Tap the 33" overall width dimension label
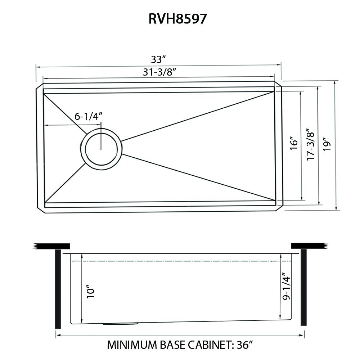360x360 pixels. click(158, 59)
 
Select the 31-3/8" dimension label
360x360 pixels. click(159, 72)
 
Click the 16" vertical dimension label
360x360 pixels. click(294, 143)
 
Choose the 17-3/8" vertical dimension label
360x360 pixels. click(311, 144)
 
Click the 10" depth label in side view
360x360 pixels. click(90, 292)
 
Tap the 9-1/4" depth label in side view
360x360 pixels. click(287, 288)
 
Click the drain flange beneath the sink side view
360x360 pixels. click(120, 324)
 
